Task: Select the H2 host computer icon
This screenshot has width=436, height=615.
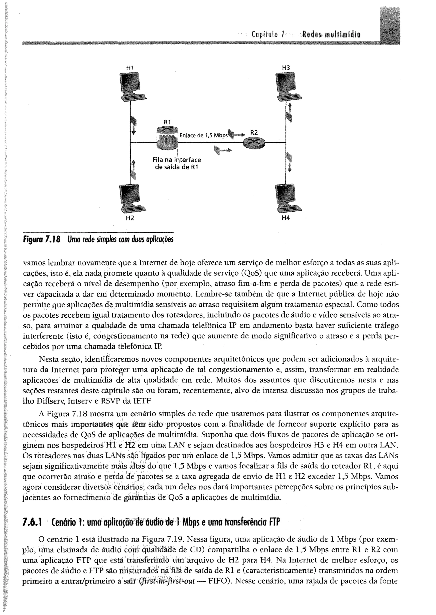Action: click(x=131, y=199)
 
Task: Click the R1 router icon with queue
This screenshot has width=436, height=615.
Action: click(x=168, y=138)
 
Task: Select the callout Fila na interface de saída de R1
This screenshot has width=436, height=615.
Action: click(x=176, y=163)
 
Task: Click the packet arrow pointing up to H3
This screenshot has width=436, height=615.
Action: click(x=289, y=112)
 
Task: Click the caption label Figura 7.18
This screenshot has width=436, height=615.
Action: click(x=42, y=239)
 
